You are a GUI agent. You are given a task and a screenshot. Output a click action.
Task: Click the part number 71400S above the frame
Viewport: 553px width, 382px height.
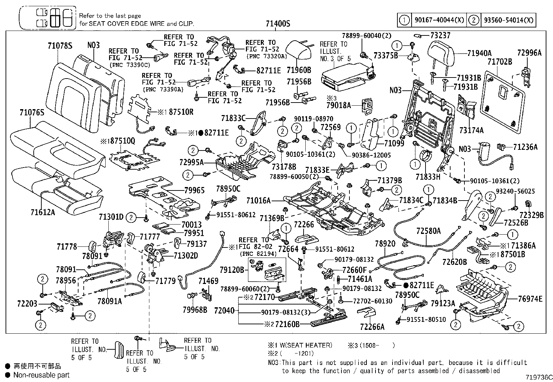tap(278, 24)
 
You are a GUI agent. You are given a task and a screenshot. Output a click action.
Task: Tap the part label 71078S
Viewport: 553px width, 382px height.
tap(60, 45)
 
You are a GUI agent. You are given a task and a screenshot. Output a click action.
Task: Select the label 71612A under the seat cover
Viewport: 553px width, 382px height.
tap(43, 212)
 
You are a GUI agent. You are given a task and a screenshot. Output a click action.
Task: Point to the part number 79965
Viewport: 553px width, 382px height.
tap(195, 190)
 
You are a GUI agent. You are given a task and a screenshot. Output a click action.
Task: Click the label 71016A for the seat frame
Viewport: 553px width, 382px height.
tap(258, 201)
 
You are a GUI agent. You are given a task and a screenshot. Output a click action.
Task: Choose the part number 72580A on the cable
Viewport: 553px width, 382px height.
tap(428, 231)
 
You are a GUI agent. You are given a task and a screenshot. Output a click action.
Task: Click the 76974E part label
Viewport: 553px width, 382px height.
tap(530, 299)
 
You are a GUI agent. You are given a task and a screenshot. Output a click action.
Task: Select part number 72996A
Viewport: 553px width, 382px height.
tap(529, 53)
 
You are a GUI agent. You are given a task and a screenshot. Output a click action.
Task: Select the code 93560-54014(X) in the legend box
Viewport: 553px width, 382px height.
tap(507, 20)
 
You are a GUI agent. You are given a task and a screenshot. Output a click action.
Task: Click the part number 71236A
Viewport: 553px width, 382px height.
tap(525, 147)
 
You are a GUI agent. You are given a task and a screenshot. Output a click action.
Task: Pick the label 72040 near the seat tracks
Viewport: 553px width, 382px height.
tap(225, 310)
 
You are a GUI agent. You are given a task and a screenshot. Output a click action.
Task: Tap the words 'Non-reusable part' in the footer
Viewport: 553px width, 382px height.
tap(41, 375)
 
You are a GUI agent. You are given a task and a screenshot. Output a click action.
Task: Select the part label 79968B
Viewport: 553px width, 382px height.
tap(195, 309)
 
